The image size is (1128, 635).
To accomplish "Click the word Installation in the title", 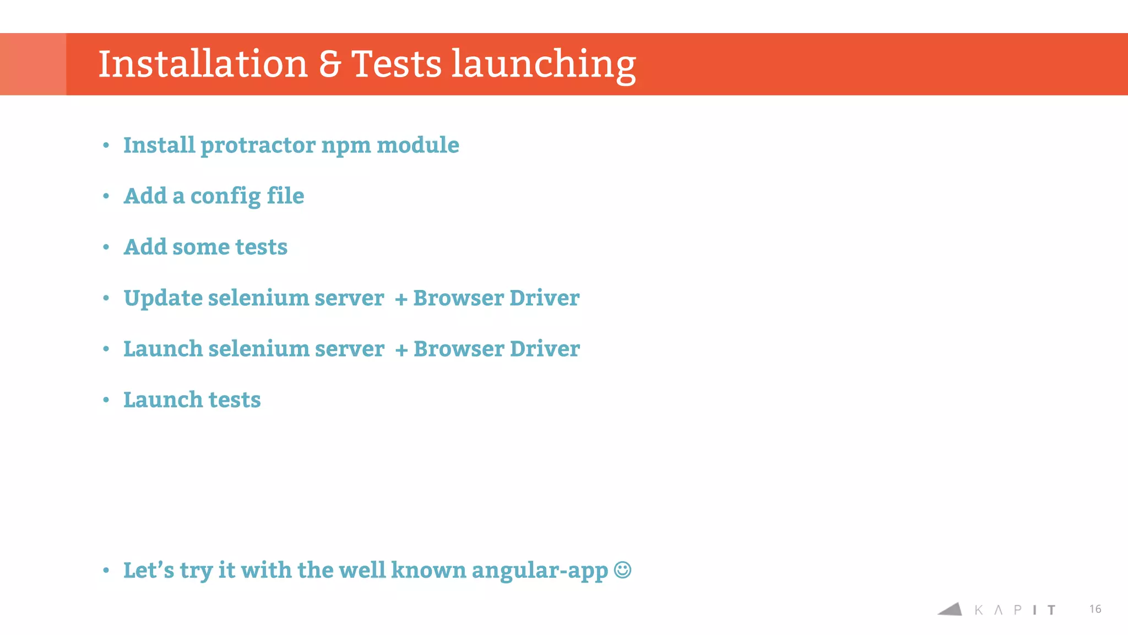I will click(203, 64).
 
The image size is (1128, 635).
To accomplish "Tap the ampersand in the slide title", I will click(330, 64).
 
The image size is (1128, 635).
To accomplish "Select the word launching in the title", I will click(544, 65).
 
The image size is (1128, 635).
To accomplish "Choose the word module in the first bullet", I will click(417, 145).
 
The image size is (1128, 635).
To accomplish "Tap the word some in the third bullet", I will click(200, 247).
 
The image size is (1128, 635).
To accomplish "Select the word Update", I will click(163, 298).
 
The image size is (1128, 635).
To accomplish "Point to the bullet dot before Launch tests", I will click(106, 400).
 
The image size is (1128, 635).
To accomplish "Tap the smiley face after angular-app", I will click(622, 569).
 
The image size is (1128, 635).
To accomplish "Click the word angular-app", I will click(540, 571).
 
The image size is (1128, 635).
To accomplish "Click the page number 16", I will click(1095, 609).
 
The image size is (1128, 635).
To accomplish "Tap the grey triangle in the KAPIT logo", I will click(951, 609).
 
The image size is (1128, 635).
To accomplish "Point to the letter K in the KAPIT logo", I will click(979, 610).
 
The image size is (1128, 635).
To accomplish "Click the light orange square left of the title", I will click(33, 64).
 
